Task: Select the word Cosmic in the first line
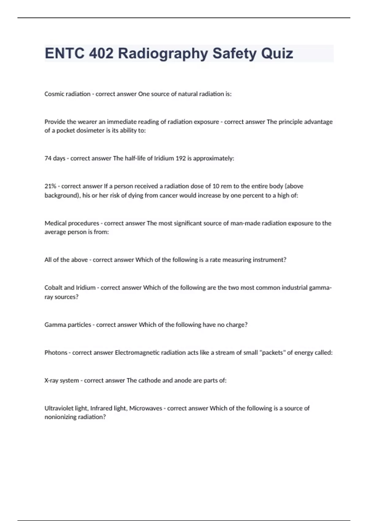[x=54, y=94]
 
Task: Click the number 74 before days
[x=48, y=158]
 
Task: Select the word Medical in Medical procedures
[x=55, y=223]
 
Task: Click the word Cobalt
[x=53, y=288]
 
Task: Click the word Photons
[x=56, y=353]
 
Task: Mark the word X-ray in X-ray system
[x=51, y=381]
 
